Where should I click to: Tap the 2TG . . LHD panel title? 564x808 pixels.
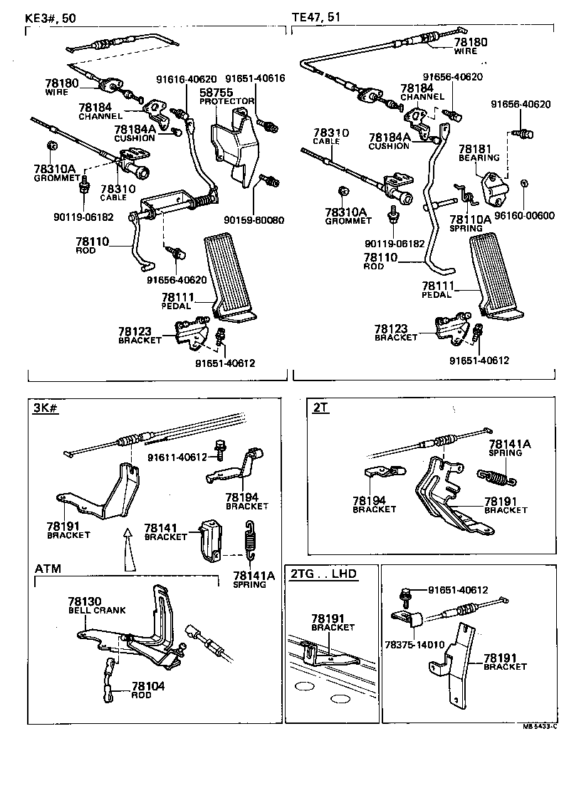[x=323, y=574]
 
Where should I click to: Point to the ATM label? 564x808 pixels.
[x=48, y=568]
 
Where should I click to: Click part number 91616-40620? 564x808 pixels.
[x=187, y=79]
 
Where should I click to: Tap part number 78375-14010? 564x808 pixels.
[x=416, y=644]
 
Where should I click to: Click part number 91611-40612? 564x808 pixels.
[x=177, y=457]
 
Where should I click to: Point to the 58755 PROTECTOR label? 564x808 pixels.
[x=226, y=97]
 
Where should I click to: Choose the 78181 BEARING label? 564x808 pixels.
[x=479, y=152]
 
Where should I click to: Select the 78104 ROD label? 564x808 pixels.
[x=141, y=690]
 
